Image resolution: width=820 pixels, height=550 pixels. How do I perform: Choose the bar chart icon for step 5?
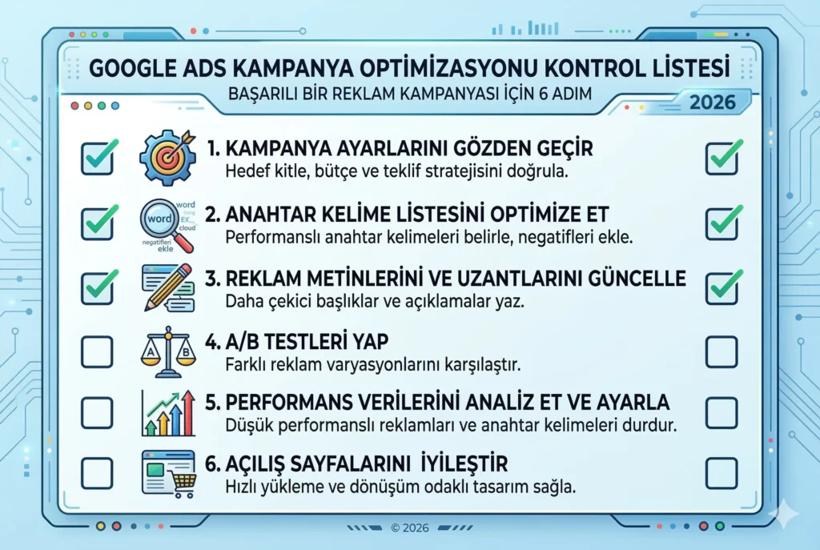[x=167, y=412]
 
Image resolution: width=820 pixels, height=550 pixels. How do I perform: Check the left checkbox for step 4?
[x=97, y=350]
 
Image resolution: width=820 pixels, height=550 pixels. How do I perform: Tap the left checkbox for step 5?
[x=97, y=411]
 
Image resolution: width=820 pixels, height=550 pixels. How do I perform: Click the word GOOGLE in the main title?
[x=131, y=66]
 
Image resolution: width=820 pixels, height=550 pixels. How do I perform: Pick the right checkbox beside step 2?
[x=722, y=222]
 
